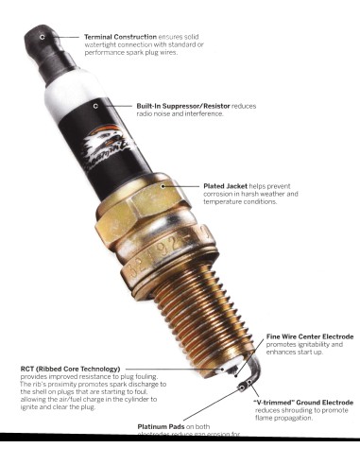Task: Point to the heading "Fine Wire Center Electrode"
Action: coord(310,336)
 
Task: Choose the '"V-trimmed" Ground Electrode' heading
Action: coord(303,403)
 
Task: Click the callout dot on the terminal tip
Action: coord(42,35)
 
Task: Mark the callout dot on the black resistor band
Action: coord(95,106)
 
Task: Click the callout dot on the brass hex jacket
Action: coord(163,186)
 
